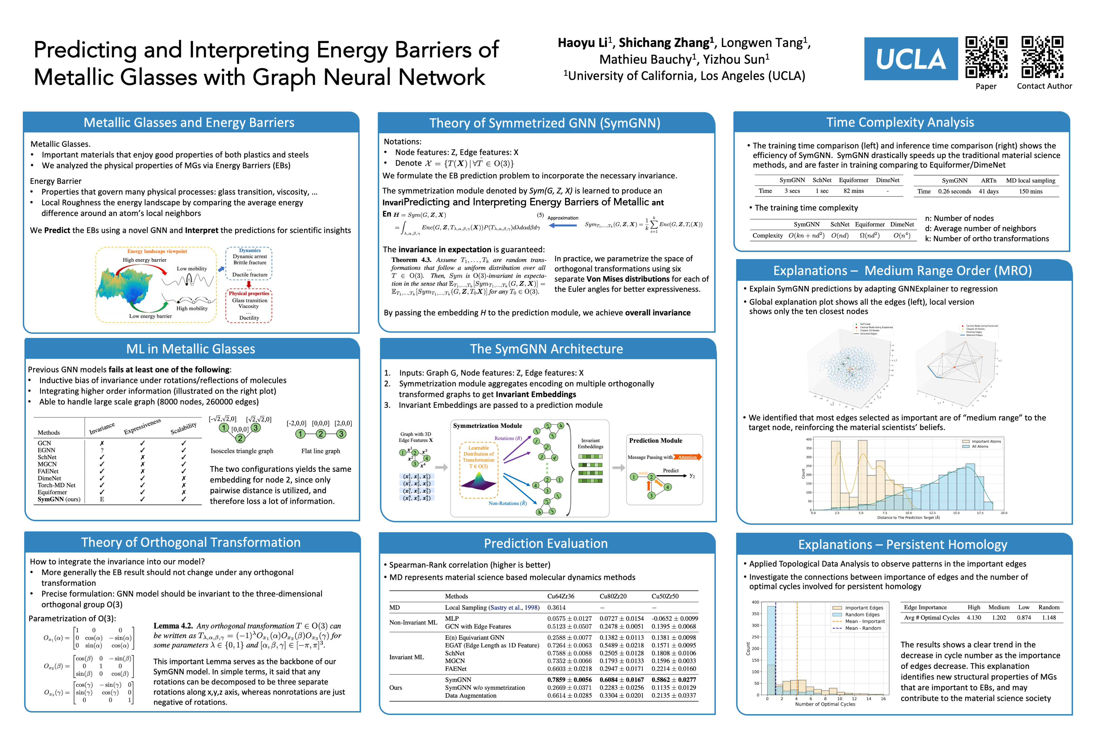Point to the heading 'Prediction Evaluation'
(x=546, y=543)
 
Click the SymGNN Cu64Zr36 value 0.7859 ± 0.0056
(x=569, y=680)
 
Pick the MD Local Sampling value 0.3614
(x=556, y=607)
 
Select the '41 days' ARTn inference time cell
(x=988, y=191)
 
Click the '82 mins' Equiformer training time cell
(x=853, y=191)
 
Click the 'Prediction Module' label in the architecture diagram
(x=656, y=441)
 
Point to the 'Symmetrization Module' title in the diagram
(x=488, y=426)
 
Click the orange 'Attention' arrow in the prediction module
(x=688, y=457)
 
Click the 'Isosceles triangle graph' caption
(x=242, y=451)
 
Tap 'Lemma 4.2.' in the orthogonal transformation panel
(x=173, y=626)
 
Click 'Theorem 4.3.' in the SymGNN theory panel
(x=411, y=260)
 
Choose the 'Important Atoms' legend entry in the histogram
(x=986, y=441)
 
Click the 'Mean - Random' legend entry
(x=864, y=628)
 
